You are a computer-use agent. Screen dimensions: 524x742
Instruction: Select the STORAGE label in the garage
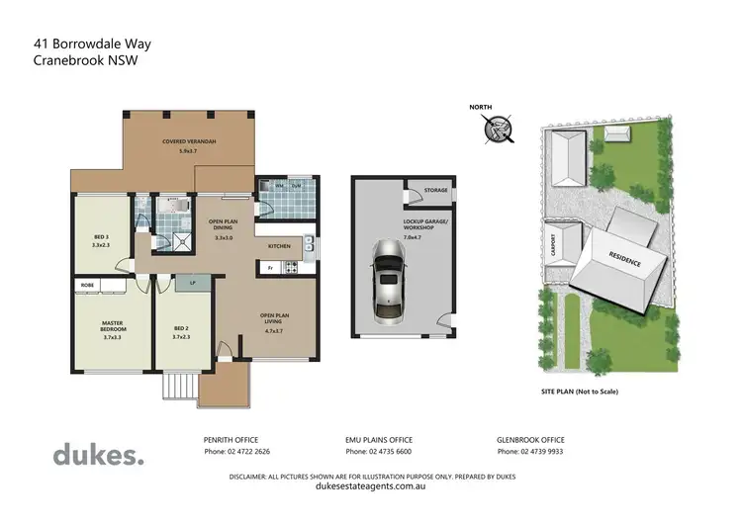pos(435,190)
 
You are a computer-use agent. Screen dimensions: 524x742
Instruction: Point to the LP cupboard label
pos(192,284)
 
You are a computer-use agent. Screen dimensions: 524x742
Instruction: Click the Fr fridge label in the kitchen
pos(269,267)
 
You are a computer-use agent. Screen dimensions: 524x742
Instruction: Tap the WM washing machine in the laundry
pos(281,186)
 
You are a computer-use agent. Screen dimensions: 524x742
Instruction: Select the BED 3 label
pos(101,237)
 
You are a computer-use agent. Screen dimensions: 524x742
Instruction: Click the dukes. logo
pos(98,455)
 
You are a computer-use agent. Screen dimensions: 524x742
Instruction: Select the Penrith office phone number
pos(236,451)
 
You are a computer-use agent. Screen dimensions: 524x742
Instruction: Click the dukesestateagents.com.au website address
pos(371,486)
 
